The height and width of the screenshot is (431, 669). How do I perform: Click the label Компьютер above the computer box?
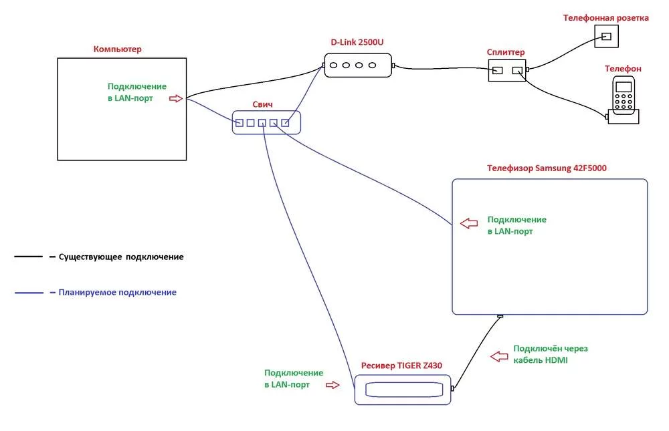118,49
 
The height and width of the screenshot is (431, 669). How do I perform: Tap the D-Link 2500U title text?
357,42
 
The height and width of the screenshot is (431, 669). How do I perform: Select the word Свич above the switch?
262,105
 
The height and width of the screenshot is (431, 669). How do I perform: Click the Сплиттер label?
506,52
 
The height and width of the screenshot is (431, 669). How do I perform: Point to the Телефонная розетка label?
606,18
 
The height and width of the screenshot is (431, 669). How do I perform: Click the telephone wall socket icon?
606,36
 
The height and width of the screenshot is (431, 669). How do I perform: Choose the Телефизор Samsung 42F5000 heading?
547,168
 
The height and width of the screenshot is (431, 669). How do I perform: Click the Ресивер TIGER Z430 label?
401,366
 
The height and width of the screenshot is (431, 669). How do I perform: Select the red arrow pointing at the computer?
175,98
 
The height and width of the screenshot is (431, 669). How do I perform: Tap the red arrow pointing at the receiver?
332,385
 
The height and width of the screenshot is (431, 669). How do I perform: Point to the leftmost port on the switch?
240,122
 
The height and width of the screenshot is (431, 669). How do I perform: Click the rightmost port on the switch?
285,122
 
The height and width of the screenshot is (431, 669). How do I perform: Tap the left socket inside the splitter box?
498,69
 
